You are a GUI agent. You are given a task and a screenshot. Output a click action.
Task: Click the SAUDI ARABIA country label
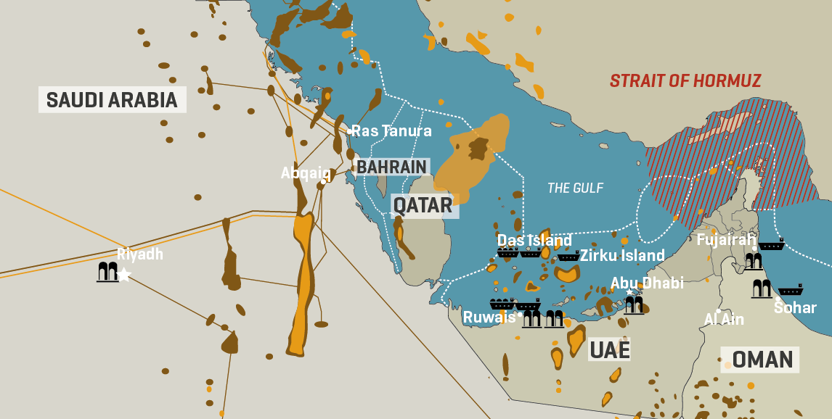click(x=112, y=99)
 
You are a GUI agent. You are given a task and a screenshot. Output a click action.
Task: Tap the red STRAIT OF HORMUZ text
click(x=685, y=80)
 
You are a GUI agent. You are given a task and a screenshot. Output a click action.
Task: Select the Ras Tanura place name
click(x=392, y=131)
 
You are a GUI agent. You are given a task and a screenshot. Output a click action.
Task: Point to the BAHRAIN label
click(x=391, y=167)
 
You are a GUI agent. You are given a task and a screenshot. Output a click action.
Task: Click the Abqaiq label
click(x=306, y=173)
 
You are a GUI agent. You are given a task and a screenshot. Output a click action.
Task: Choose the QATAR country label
click(x=423, y=205)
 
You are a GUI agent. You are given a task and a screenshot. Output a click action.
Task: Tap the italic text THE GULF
click(x=575, y=188)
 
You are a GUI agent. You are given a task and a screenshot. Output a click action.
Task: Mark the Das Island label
click(x=534, y=240)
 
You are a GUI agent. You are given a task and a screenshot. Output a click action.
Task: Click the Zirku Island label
click(x=622, y=255)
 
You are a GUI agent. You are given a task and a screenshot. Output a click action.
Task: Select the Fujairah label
click(x=726, y=240)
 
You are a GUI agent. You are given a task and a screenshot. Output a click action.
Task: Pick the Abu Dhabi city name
click(x=647, y=283)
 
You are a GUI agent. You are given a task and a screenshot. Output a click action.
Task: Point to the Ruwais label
click(x=489, y=318)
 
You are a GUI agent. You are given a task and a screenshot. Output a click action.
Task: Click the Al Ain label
click(x=724, y=319)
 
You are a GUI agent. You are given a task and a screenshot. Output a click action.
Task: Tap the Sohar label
click(x=795, y=308)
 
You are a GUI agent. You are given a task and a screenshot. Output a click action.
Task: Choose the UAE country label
click(x=608, y=350)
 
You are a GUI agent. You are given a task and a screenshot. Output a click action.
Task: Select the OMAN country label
click(x=762, y=359)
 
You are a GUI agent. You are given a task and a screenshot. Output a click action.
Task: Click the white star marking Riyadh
click(x=125, y=274)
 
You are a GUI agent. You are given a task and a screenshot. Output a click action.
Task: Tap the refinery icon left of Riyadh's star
click(x=107, y=273)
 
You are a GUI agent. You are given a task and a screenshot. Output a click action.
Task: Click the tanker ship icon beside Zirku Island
click(x=568, y=255)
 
